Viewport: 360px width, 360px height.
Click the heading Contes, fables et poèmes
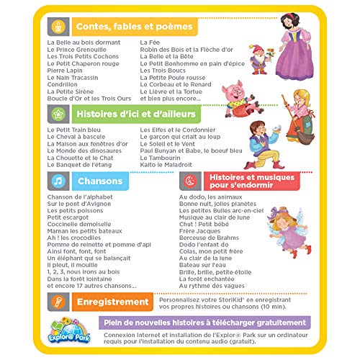coord(133,27)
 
